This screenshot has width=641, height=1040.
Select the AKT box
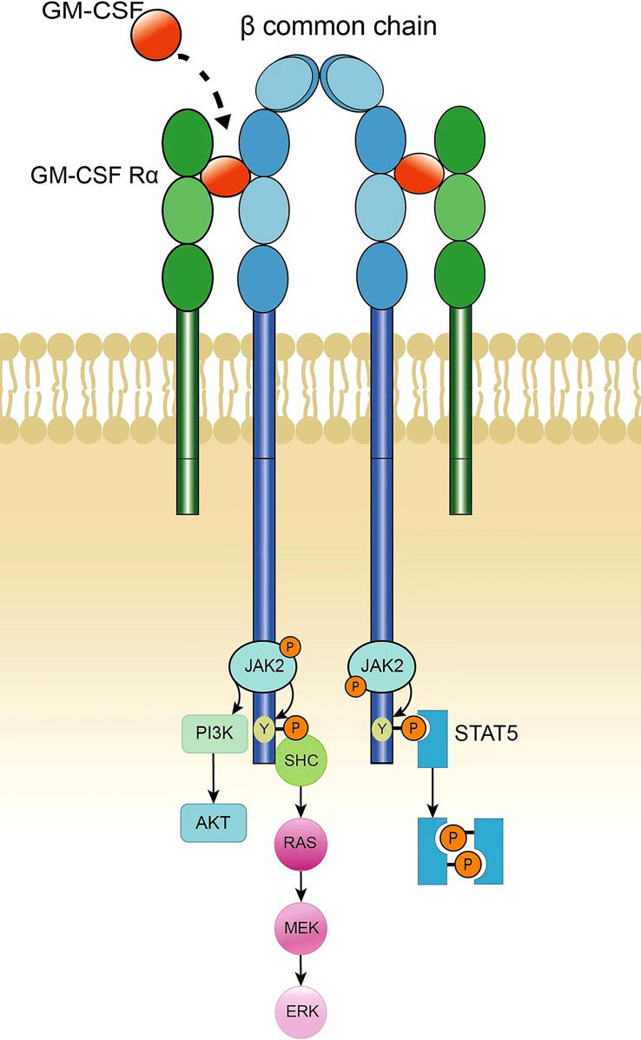point(213,820)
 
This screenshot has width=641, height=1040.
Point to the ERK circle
point(299,1010)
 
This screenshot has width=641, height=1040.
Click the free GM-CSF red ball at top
point(157,33)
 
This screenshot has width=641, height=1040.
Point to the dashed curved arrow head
point(227,123)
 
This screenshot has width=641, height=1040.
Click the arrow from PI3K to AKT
point(214,777)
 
